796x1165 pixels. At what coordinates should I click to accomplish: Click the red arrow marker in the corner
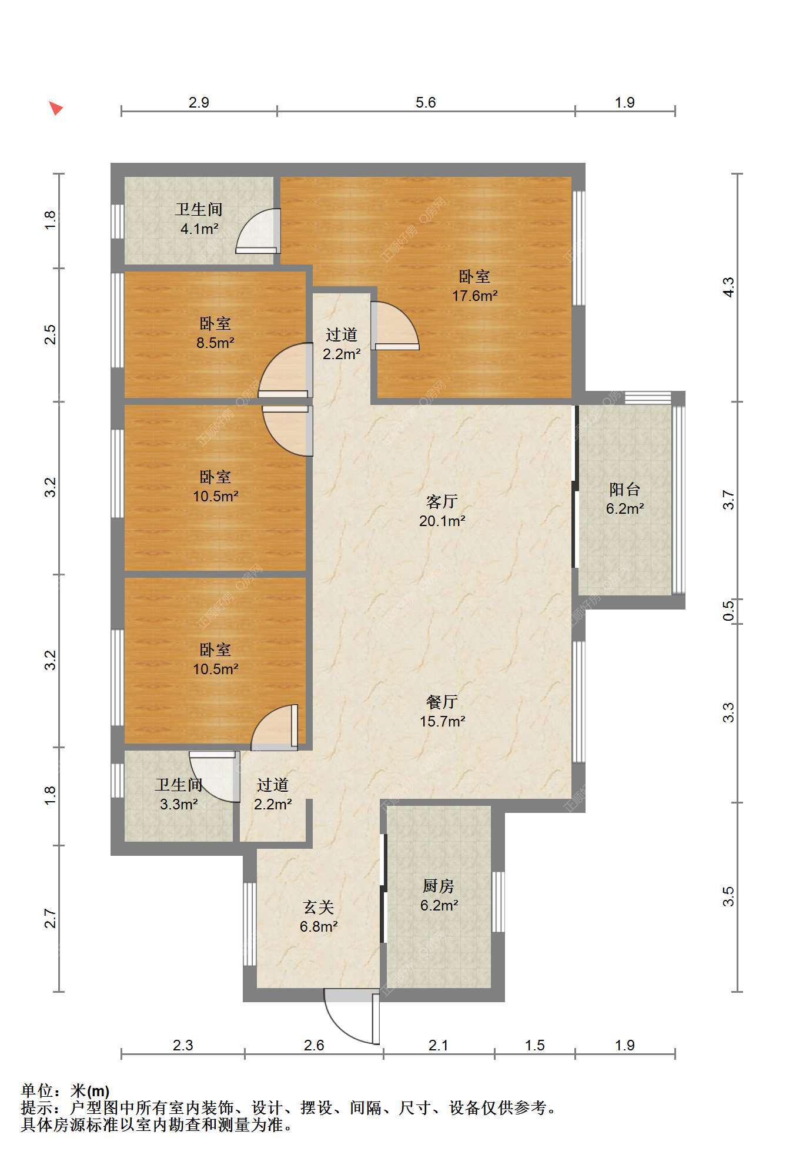click(56, 108)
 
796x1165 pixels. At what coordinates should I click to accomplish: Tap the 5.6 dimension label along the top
click(426, 103)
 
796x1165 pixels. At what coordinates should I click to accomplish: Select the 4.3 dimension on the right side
click(728, 287)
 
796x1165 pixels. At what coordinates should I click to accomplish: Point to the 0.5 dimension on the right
click(728, 610)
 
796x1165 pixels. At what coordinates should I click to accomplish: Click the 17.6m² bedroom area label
click(474, 286)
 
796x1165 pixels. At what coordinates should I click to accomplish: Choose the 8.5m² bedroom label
click(215, 333)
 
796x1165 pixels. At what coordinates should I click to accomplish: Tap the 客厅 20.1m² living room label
click(442, 511)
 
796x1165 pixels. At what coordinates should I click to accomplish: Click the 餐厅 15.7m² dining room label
click(442, 711)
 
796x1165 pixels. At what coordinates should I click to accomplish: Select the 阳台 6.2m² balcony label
click(624, 498)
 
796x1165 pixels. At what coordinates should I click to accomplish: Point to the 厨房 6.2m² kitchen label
click(439, 895)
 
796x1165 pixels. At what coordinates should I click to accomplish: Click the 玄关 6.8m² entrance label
click(319, 916)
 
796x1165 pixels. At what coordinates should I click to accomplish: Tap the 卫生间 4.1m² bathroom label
click(199, 219)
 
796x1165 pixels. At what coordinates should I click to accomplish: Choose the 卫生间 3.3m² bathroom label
click(179, 794)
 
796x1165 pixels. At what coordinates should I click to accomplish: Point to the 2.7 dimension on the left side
click(51, 919)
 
